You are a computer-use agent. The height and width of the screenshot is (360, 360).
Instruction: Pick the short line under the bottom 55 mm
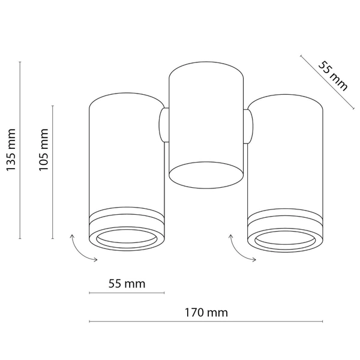click(127, 293)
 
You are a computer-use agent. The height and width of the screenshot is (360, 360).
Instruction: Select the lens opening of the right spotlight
click(286, 239)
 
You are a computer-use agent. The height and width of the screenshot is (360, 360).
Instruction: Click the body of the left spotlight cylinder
click(126, 156)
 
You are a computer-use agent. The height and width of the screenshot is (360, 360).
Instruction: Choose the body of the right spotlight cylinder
click(286, 156)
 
